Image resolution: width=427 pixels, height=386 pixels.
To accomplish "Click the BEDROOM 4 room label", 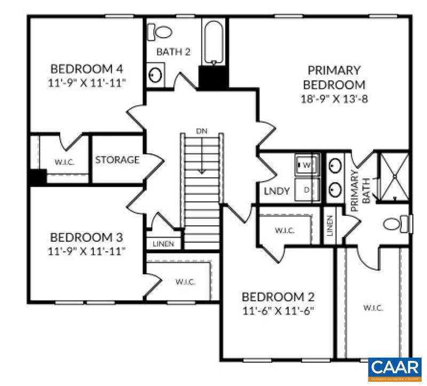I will pyautogui.click(x=86, y=69).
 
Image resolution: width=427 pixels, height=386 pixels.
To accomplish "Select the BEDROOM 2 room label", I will pyautogui.click(x=278, y=297).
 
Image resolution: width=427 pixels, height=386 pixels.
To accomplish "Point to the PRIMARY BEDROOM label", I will pyautogui.click(x=334, y=77).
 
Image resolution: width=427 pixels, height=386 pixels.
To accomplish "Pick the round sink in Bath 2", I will pyautogui.click(x=155, y=75).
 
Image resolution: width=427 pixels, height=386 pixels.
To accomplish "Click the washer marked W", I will pyautogui.click(x=307, y=164).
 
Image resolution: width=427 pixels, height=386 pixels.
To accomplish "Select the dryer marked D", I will pyautogui.click(x=307, y=189).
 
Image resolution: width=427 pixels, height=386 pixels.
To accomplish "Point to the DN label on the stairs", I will pyautogui.click(x=202, y=130).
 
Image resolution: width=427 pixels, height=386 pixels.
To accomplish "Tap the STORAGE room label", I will pyautogui.click(x=117, y=160).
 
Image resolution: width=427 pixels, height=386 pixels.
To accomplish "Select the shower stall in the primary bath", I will pyautogui.click(x=394, y=176).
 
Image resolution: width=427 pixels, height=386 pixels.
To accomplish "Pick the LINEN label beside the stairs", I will pyautogui.click(x=163, y=243).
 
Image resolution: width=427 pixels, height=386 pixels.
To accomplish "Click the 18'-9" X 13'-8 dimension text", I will pyautogui.click(x=334, y=99).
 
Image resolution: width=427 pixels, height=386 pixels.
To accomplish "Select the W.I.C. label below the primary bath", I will pyautogui.click(x=373, y=308).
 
